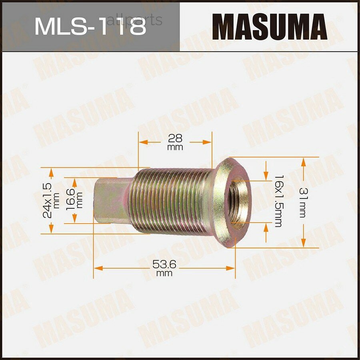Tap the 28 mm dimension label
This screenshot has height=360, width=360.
point(175,142)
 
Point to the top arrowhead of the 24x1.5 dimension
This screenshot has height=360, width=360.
point(51,172)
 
